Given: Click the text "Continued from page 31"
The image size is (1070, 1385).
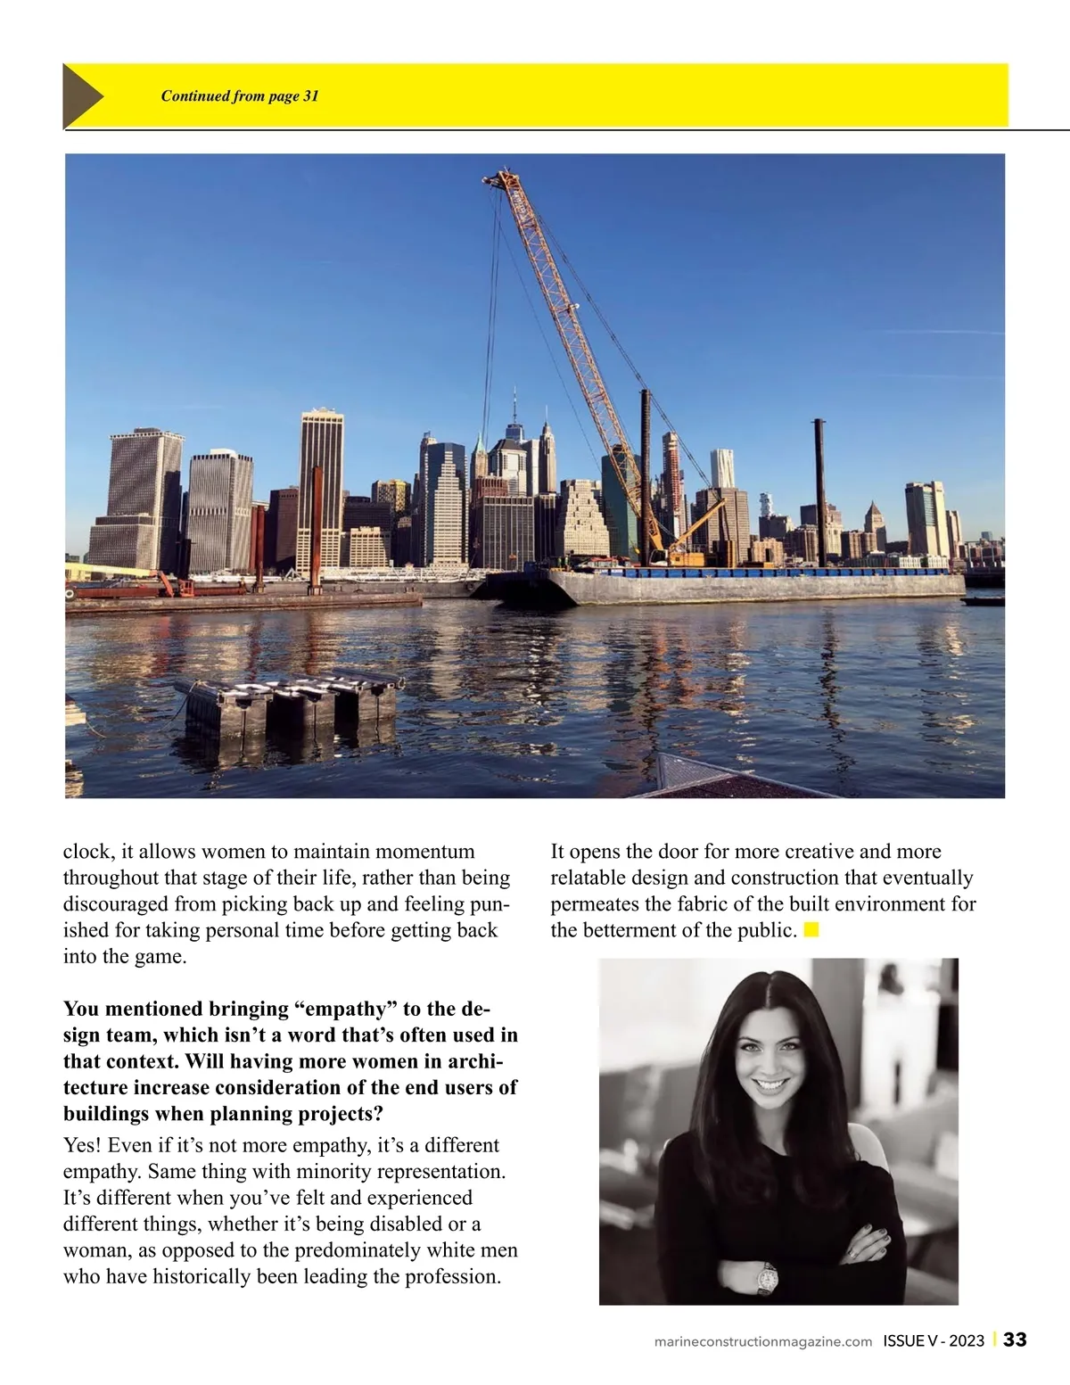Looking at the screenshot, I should [x=239, y=96].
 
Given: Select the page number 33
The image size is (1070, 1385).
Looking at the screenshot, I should [x=1015, y=1340].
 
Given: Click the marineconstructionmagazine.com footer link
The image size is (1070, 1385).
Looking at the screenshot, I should [x=762, y=1341].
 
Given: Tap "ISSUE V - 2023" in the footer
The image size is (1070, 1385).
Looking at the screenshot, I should [x=934, y=1340].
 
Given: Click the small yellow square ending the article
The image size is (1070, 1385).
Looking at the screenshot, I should [x=811, y=930].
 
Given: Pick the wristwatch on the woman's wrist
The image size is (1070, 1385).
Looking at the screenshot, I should [x=766, y=1277].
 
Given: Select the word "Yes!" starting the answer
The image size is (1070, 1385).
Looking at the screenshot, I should [x=82, y=1145].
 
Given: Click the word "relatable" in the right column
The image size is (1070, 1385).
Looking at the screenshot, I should [x=591, y=878].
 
